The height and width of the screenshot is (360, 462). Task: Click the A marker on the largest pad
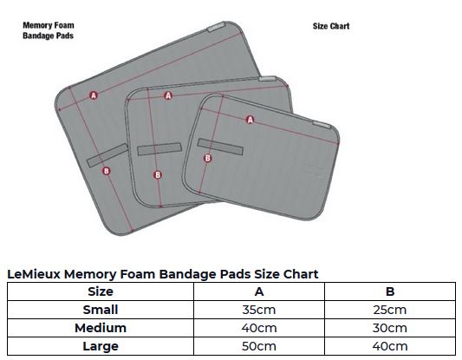pyautogui.click(x=94, y=95)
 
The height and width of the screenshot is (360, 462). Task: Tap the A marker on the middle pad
pyautogui.click(x=168, y=95)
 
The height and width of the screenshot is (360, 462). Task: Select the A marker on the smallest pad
pyautogui.click(x=250, y=120)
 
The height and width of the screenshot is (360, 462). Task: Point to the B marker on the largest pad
pyautogui.click(x=107, y=171)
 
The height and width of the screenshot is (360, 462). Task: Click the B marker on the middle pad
pyautogui.click(x=158, y=175)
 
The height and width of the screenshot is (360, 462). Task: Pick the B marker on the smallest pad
pyautogui.click(x=208, y=159)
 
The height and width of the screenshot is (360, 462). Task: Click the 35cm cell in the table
pyautogui.click(x=259, y=310)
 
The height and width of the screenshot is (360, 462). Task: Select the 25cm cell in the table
pyautogui.click(x=390, y=310)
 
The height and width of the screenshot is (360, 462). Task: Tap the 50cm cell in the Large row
pyautogui.click(x=259, y=346)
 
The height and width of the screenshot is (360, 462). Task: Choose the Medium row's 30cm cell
pyautogui.click(x=390, y=328)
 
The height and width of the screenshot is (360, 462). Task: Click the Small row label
pyautogui.click(x=101, y=310)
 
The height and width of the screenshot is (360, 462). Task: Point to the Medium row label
pyautogui.click(x=101, y=328)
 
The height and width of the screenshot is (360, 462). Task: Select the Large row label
pyautogui.click(x=101, y=346)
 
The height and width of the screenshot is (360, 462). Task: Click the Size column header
pyautogui.click(x=101, y=291)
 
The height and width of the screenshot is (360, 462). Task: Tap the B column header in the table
pyautogui.click(x=390, y=291)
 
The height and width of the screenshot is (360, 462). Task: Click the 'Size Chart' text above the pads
pyautogui.click(x=331, y=26)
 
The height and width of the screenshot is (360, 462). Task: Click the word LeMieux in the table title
pyautogui.click(x=34, y=274)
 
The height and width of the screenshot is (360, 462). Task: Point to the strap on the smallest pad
pyautogui.click(x=220, y=147)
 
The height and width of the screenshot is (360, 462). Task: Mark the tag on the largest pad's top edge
pyautogui.click(x=217, y=27)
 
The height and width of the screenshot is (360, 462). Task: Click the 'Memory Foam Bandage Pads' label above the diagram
pyautogui.click(x=49, y=30)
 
